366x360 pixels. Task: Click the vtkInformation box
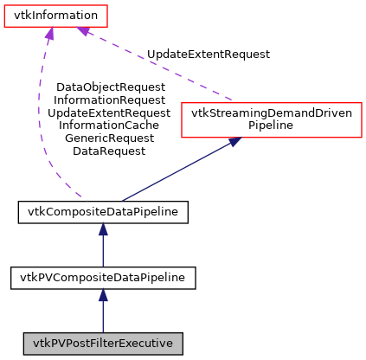[56, 16]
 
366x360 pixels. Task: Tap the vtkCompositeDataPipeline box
[103, 211]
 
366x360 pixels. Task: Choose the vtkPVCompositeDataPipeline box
[103, 278]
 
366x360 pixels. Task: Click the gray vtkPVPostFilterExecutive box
[103, 344]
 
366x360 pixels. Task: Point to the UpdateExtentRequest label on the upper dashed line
[209, 54]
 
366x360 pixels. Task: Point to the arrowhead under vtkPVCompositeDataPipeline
[103, 296]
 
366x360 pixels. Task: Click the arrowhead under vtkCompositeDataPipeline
[103, 229]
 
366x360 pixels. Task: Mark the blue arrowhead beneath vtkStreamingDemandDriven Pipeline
[234, 143]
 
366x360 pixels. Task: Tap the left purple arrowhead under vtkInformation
[50, 34]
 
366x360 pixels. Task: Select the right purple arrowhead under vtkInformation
[83, 32]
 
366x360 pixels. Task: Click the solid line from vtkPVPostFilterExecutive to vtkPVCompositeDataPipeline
[103, 316]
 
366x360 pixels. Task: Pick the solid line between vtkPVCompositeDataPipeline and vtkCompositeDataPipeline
[103, 251]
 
